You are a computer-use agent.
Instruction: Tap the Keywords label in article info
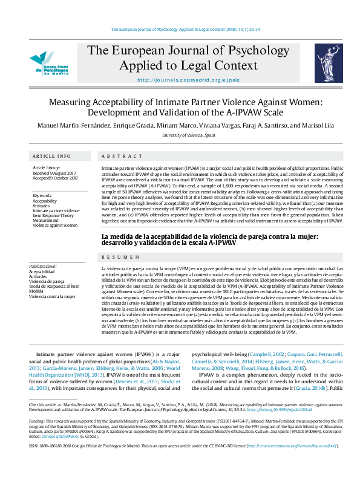click(42, 195)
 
